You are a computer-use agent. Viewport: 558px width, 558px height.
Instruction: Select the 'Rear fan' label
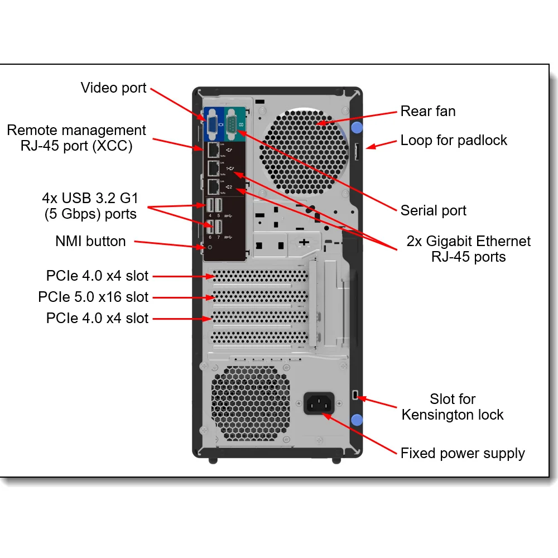(x=428, y=111)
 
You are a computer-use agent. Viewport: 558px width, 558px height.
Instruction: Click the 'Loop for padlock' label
(x=454, y=140)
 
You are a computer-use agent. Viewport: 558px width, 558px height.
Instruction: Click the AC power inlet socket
(x=319, y=403)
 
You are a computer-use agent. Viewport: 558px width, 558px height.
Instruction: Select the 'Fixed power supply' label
(x=463, y=453)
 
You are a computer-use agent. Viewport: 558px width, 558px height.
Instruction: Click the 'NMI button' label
(x=90, y=241)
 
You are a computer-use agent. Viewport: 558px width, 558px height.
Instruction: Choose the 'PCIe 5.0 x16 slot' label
(x=93, y=297)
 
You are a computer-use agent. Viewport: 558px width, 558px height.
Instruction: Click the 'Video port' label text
(x=113, y=88)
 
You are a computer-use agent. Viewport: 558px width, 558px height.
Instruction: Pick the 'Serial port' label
(x=433, y=210)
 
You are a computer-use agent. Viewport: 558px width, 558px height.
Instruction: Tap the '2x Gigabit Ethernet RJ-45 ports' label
(x=469, y=249)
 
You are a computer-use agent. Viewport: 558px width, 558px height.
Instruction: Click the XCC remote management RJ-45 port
(x=213, y=150)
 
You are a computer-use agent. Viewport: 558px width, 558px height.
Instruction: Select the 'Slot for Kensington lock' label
(x=453, y=407)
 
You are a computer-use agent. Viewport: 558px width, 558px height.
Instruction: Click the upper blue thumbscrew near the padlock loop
(x=357, y=127)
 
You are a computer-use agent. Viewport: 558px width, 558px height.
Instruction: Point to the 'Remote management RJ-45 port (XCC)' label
(x=76, y=138)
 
